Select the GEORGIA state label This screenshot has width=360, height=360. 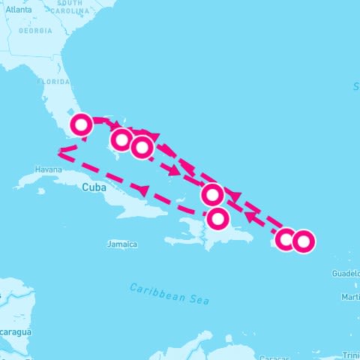pyautogui.click(x=36, y=31)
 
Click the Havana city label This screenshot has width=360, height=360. pyautogui.click(x=47, y=169)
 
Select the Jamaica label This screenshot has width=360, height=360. pyautogui.click(x=122, y=244)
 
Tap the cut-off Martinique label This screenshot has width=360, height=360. pyautogui.click(x=349, y=298)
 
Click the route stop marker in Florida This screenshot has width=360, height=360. pyautogui.click(x=81, y=124)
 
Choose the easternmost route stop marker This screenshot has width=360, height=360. pyautogui.click(x=302, y=241)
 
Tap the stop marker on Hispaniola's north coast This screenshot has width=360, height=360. pyautogui.click(x=217, y=219)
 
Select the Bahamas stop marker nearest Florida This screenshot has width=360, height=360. pyautogui.click(x=121, y=139)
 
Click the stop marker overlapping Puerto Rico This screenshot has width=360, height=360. pyautogui.click(x=286, y=239)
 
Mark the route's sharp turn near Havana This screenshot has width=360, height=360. pyautogui.click(x=59, y=154)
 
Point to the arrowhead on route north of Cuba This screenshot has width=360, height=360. pyautogui.click(x=138, y=188)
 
